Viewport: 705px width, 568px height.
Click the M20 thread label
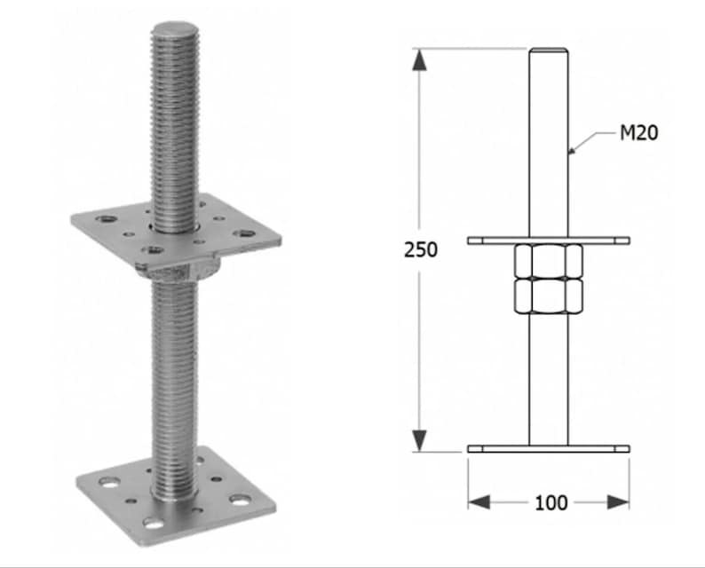click(639, 134)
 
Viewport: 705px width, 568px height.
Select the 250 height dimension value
click(421, 249)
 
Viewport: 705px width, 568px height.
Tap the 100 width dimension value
click(551, 502)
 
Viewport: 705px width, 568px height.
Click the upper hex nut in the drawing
click(548, 262)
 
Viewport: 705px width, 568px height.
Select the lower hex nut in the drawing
click(548, 296)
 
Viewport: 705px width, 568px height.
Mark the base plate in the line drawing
click(548, 449)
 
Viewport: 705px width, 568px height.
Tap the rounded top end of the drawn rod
click(548, 51)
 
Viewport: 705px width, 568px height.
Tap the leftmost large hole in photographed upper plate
click(106, 217)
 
